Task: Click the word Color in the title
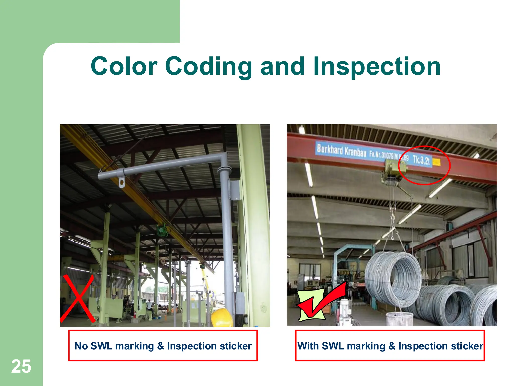point(124,66)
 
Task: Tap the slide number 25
point(21,366)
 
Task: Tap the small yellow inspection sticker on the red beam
point(436,162)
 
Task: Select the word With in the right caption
point(308,346)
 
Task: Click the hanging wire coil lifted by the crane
point(393,279)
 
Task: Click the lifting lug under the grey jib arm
point(122,182)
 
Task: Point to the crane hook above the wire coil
point(392,219)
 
